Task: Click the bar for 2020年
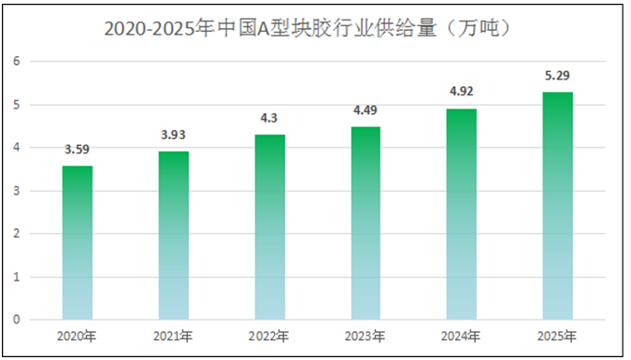[x=78, y=243]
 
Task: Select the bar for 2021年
[x=173, y=236]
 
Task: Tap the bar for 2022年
[x=269, y=227]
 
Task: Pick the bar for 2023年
[x=365, y=223]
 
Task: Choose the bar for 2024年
[x=461, y=214]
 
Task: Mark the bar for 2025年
[x=557, y=206]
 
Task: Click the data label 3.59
[x=78, y=150]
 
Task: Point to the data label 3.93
[x=173, y=135]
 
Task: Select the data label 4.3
[x=269, y=119]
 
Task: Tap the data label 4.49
[x=365, y=110]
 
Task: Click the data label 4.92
[x=461, y=92]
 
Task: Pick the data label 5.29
[x=557, y=76]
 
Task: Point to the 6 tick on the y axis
[x=15, y=62]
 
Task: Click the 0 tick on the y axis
[x=15, y=320]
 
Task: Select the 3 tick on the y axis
[x=15, y=191]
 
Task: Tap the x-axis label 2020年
[x=78, y=336]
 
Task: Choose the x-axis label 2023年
[x=365, y=336]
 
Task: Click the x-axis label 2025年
[x=557, y=336]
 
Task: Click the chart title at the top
[x=308, y=29]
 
